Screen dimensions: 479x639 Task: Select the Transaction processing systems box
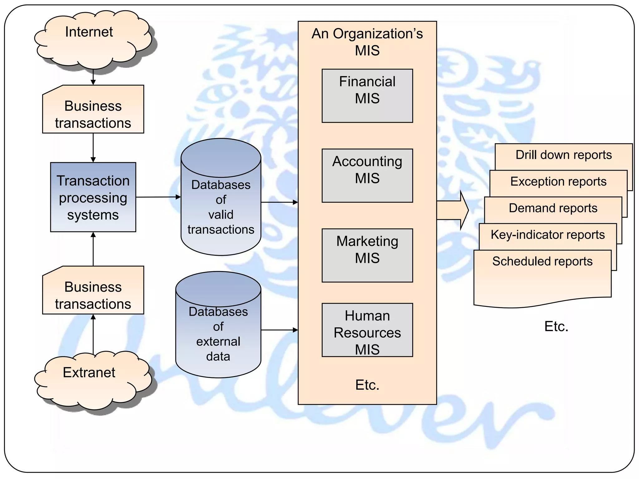pyautogui.click(x=93, y=197)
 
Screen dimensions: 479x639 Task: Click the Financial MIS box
pyautogui.click(x=367, y=96)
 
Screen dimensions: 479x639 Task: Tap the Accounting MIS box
pyautogui.click(x=367, y=176)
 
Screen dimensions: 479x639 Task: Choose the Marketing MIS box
pyautogui.click(x=367, y=255)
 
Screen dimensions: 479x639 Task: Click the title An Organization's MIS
pyautogui.click(x=367, y=42)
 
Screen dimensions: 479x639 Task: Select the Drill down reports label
pyautogui.click(x=563, y=155)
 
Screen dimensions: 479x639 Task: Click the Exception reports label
pyautogui.click(x=558, y=181)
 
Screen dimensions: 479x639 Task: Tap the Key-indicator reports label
pyautogui.click(x=548, y=235)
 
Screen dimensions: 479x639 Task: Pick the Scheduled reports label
pyautogui.click(x=542, y=261)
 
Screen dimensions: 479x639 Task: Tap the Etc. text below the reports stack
pyautogui.click(x=556, y=327)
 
